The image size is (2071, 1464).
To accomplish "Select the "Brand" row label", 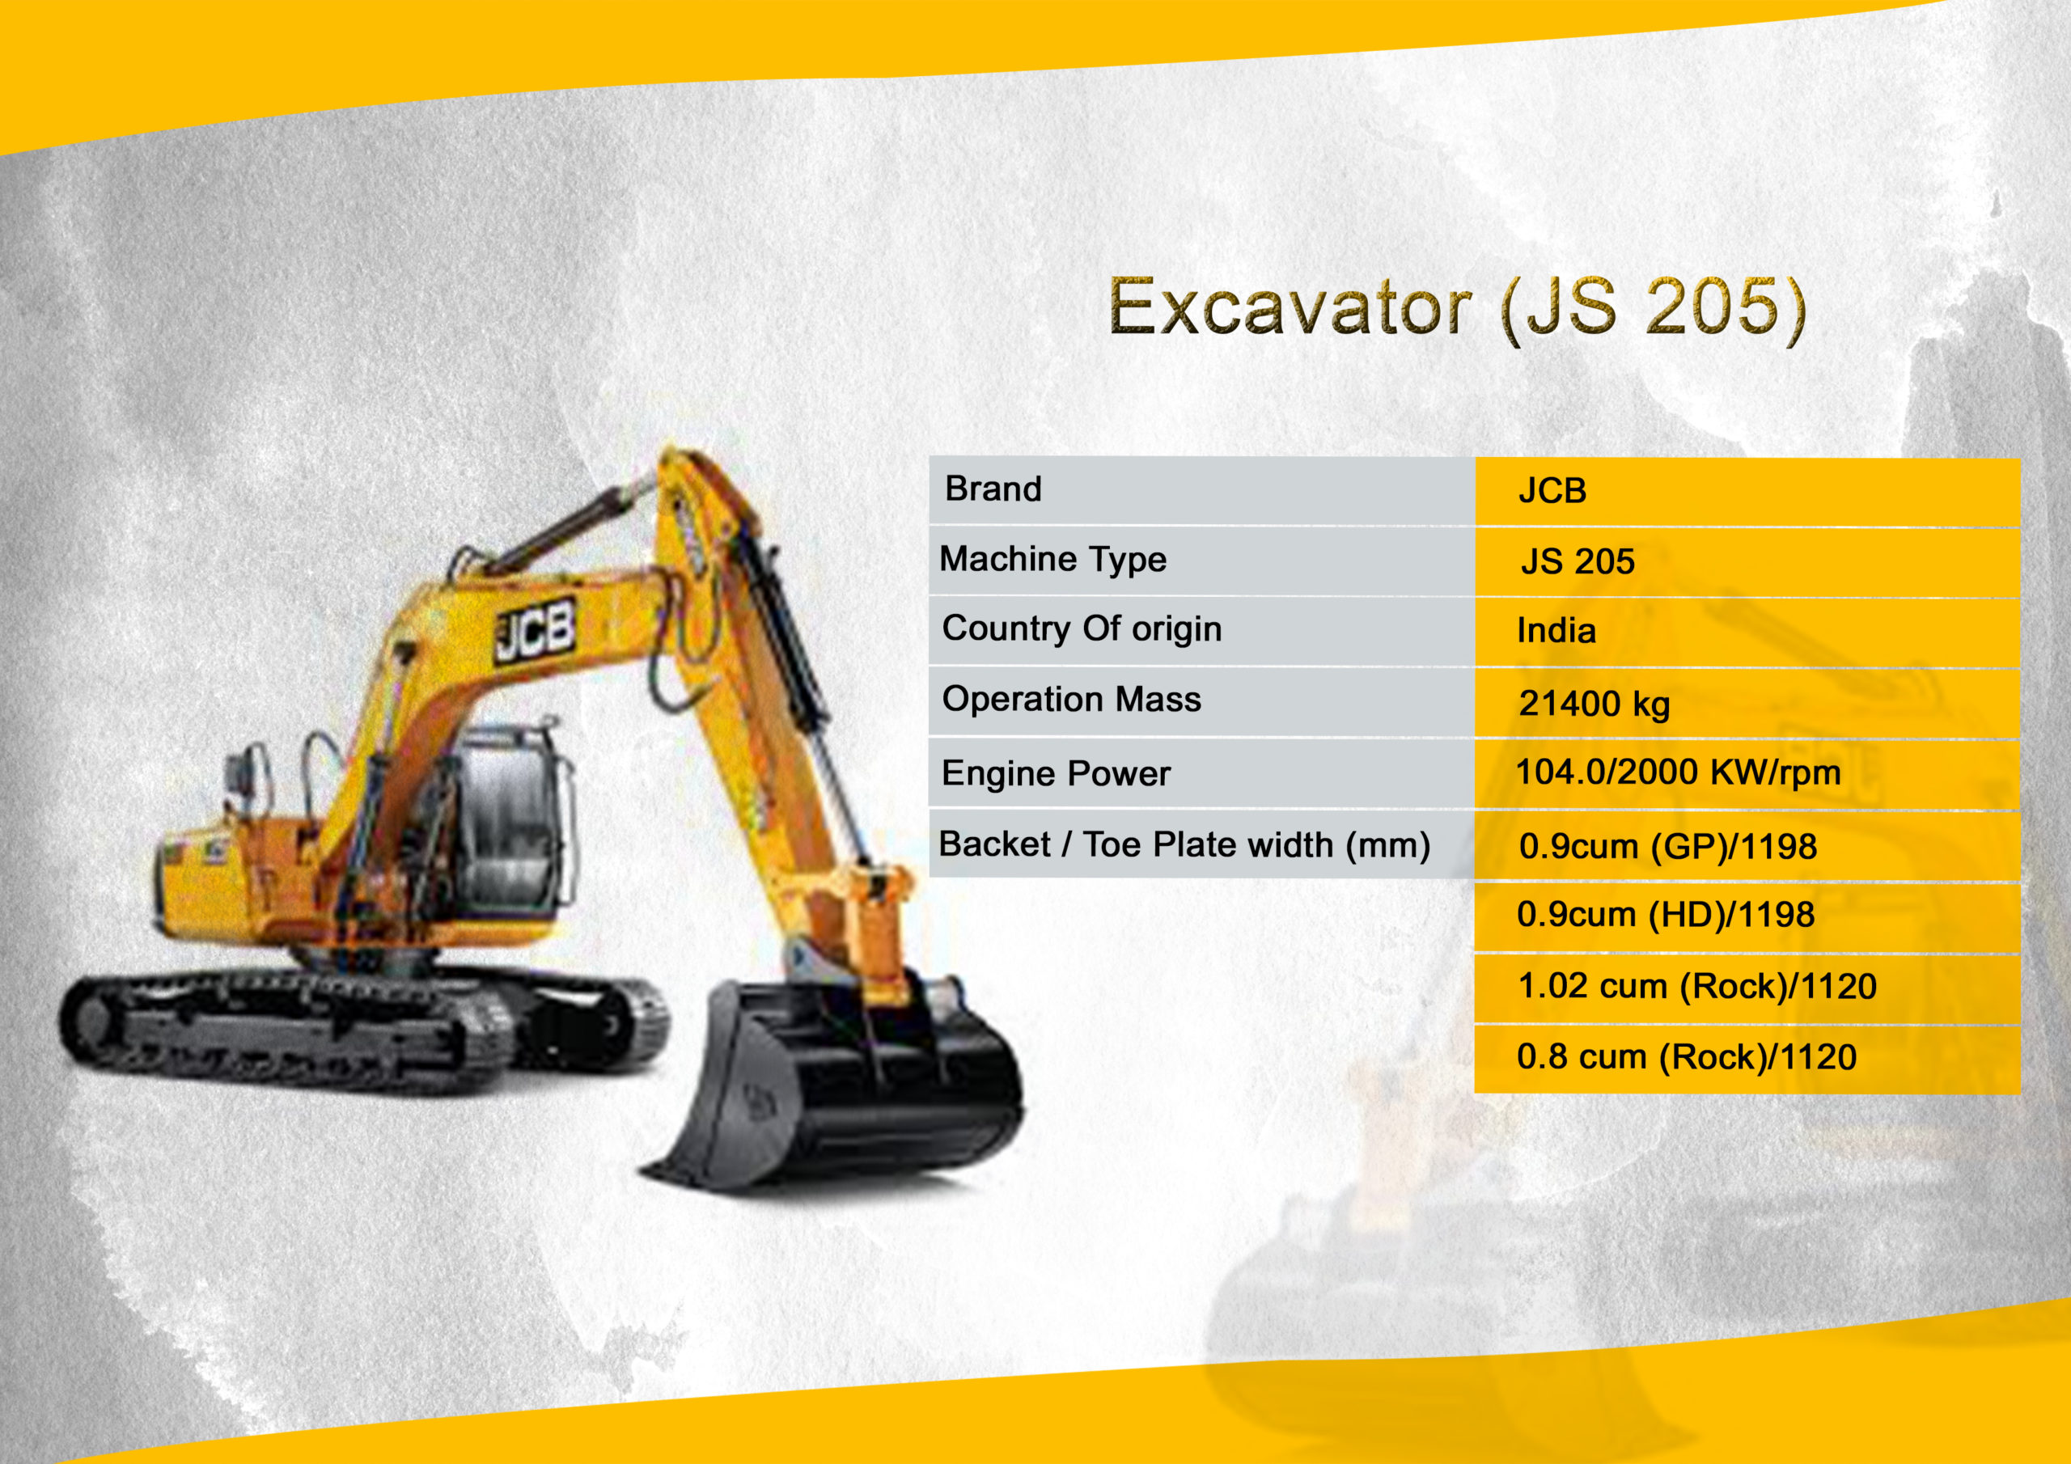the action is click(993, 489).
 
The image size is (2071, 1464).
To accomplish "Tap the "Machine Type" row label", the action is click(1052, 559).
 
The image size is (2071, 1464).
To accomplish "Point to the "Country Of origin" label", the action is click(1082, 628).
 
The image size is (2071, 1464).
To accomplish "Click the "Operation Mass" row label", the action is click(1072, 699).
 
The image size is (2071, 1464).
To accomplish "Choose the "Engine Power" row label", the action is click(1056, 774).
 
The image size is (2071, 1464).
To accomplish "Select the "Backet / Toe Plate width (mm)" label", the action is click(1184, 845).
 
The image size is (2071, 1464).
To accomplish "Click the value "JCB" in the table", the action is click(1552, 491).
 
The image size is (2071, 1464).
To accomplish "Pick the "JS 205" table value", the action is click(1578, 561).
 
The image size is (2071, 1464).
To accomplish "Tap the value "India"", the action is click(1556, 631).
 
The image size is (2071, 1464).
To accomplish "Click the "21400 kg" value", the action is click(1594, 704).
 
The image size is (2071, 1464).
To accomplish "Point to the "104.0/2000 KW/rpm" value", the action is click(1678, 773).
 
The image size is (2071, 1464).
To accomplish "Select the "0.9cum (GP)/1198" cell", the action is click(1668, 847).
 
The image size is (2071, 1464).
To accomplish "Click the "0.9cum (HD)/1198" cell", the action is click(1665, 915).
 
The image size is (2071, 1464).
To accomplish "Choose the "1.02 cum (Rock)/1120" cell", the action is click(1697, 987).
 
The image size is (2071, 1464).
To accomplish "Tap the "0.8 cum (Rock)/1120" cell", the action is click(1687, 1057).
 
